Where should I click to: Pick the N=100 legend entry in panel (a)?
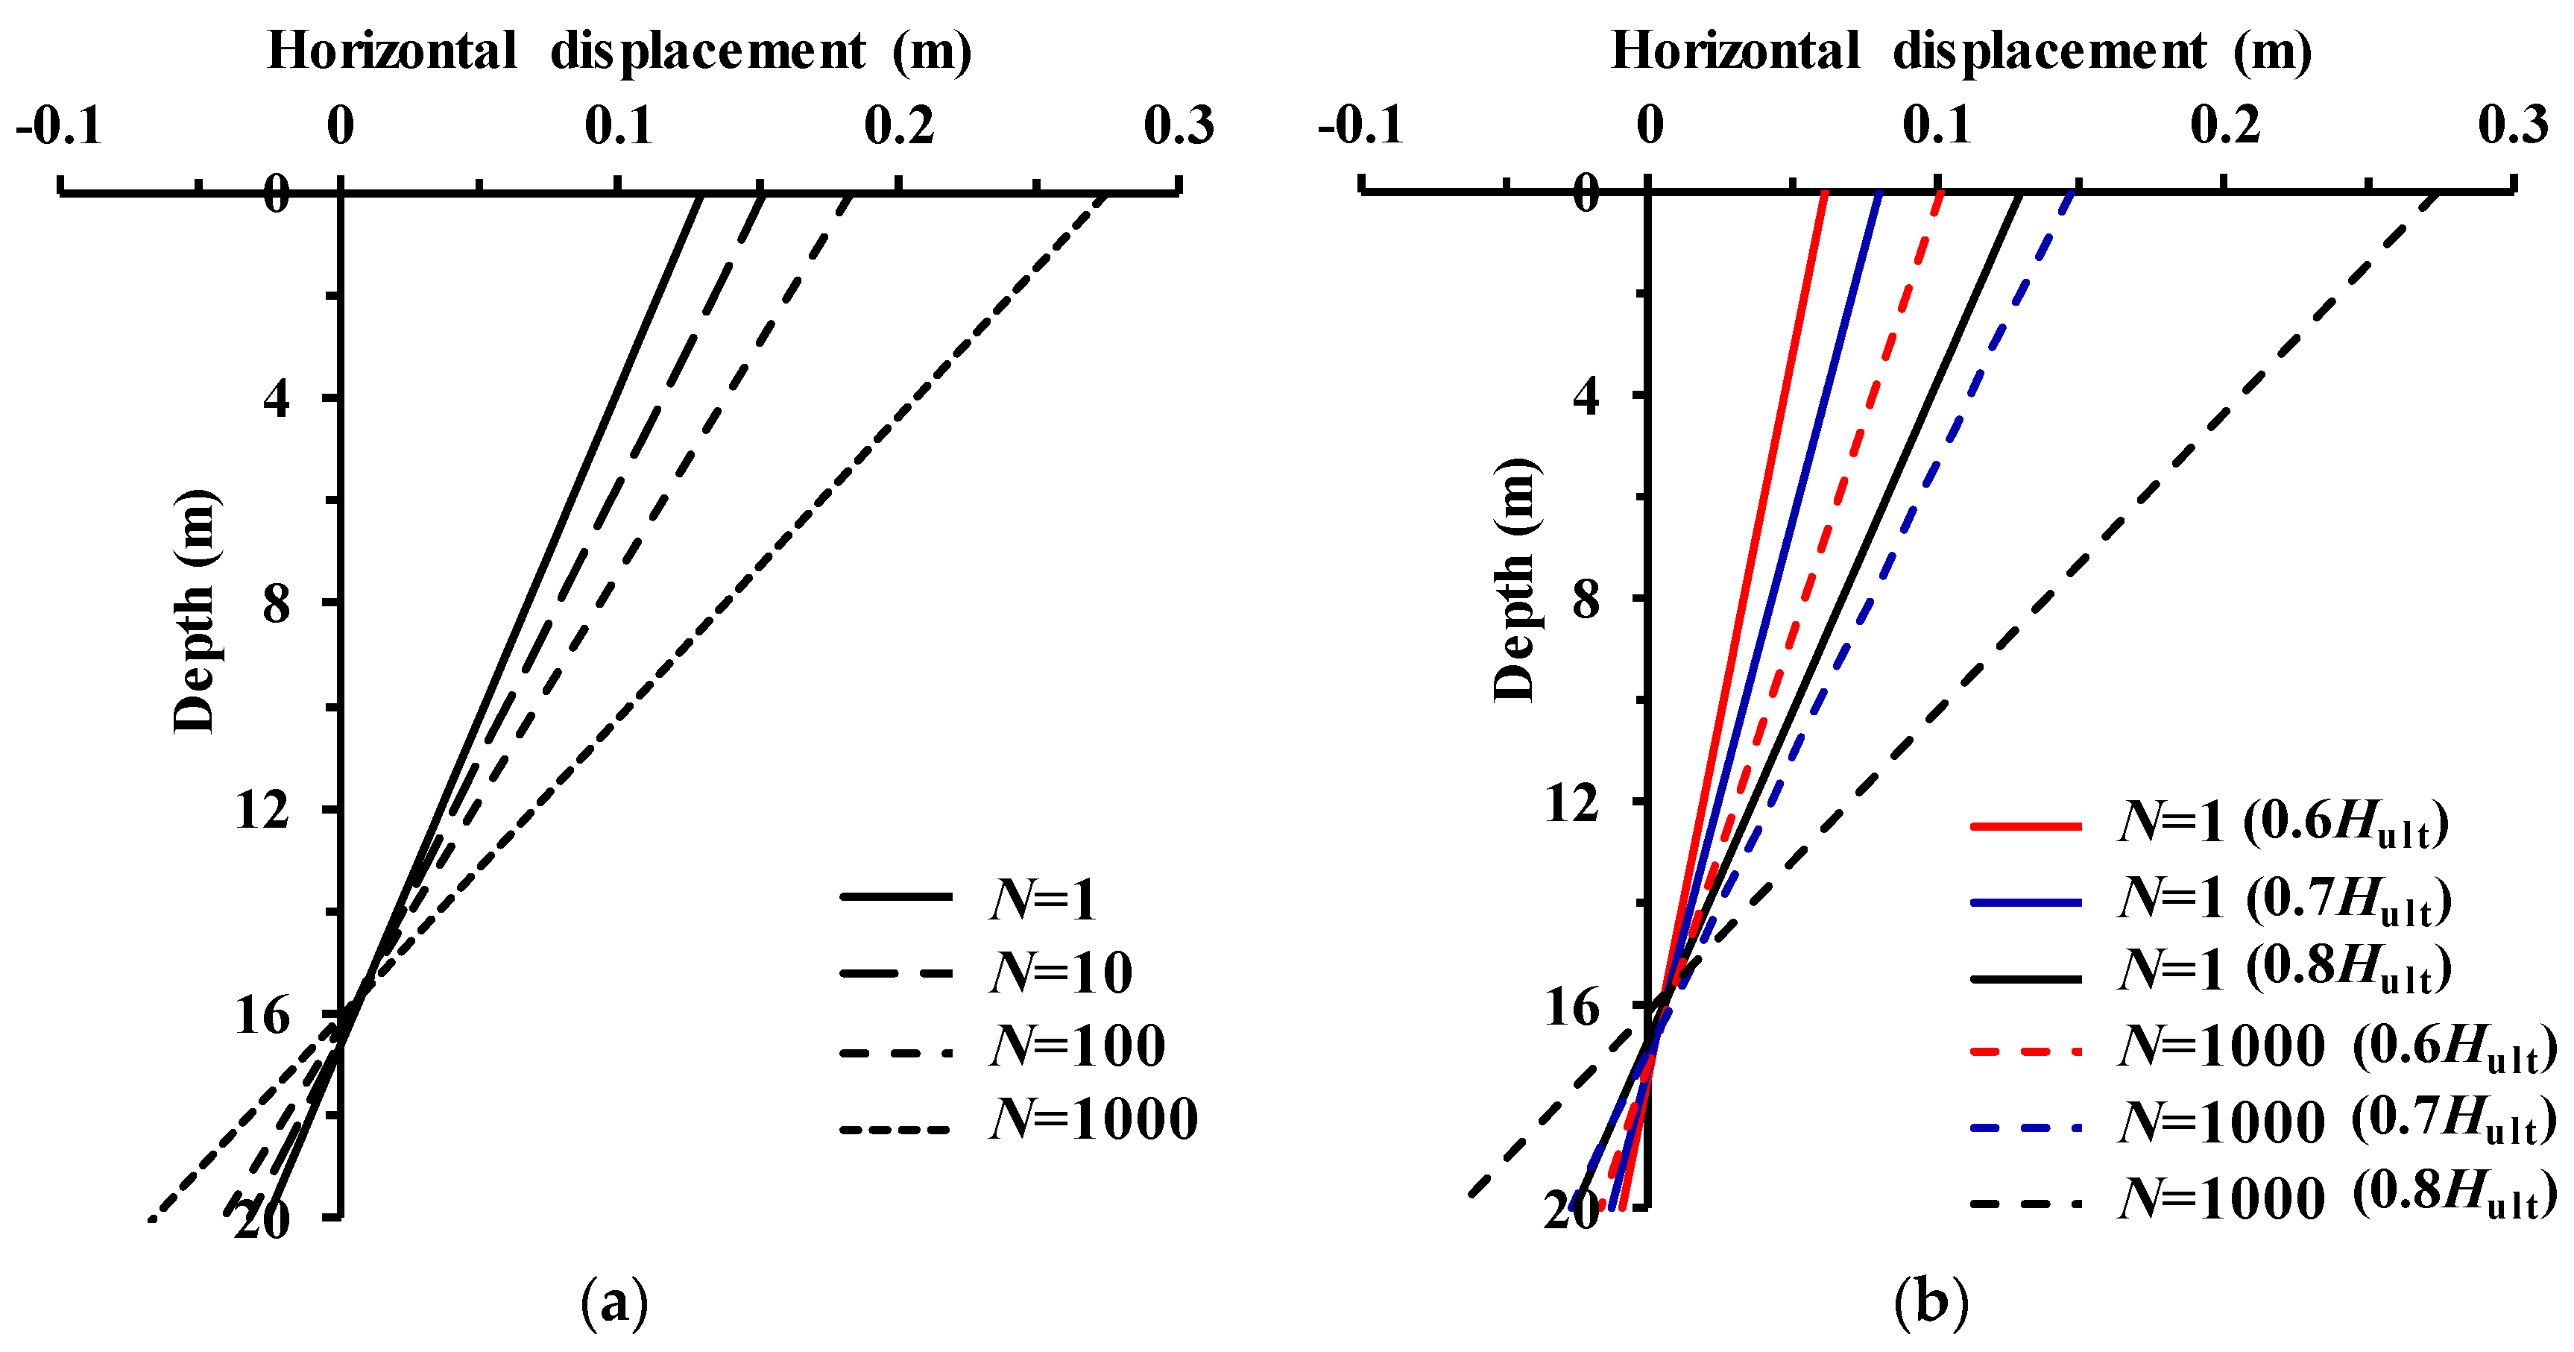coord(1003,1046)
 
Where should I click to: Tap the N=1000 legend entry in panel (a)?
coord(1019,1119)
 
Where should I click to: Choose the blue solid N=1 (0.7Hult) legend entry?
coord(2211,899)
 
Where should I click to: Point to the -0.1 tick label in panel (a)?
coord(59,127)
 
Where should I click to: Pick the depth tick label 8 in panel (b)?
coord(1586,600)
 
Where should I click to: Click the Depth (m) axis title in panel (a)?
coord(195,611)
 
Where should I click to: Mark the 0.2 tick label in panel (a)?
coord(899,127)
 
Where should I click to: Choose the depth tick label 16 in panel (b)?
coord(1572,1007)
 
